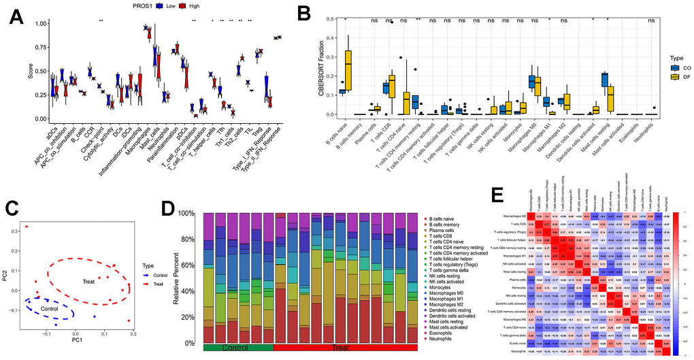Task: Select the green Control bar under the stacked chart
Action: pyautogui.click(x=238, y=347)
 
